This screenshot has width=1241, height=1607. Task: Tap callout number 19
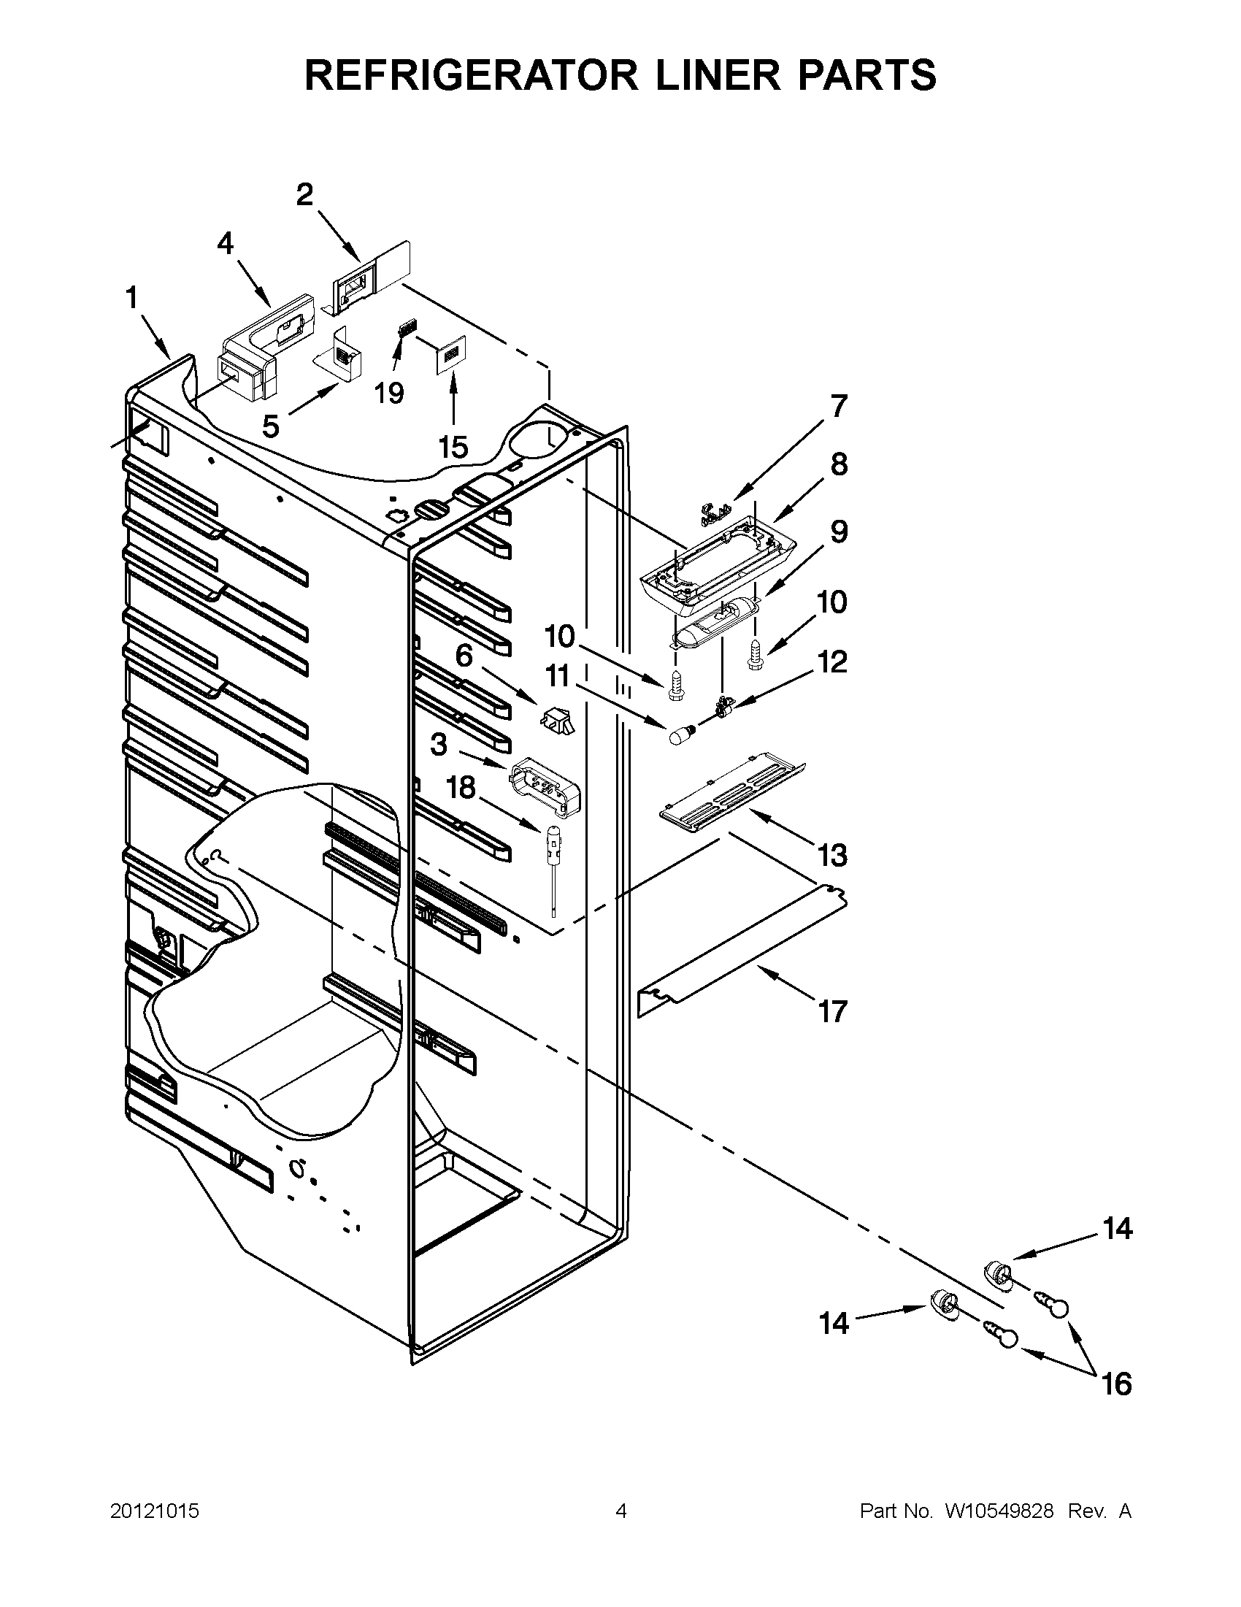389,394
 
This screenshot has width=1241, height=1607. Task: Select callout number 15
453,447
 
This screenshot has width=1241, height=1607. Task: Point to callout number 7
839,405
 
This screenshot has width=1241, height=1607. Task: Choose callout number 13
833,856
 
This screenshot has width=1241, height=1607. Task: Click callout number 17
833,1012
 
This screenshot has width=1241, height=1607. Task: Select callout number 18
461,788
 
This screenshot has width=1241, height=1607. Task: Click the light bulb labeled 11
676,735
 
